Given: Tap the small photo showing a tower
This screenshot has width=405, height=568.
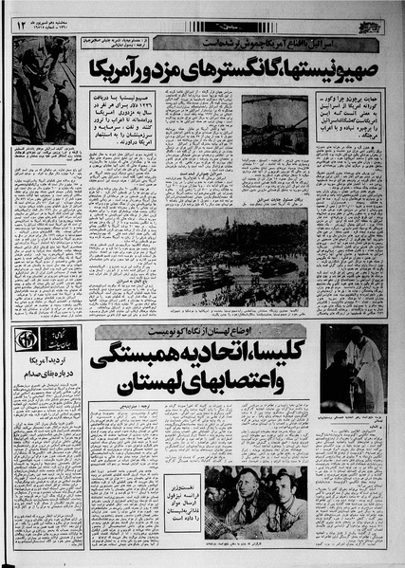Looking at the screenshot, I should pyautogui.click(x=274, y=123).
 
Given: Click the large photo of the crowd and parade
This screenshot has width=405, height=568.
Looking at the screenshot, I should pyautogui.click(x=236, y=256).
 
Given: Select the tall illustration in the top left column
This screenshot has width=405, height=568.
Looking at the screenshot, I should pyautogui.click(x=44, y=90).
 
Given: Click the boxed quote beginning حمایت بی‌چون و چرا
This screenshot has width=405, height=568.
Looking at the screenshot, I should pyautogui.click(x=349, y=115).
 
